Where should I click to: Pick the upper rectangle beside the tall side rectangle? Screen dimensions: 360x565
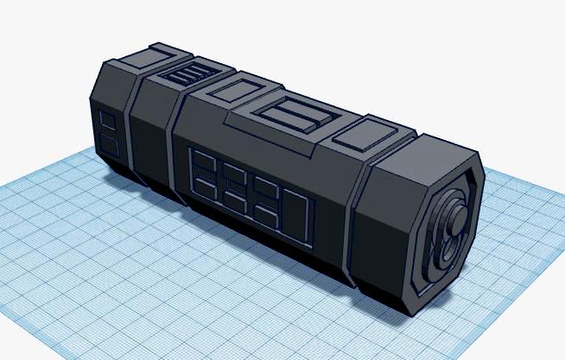coord(266,190)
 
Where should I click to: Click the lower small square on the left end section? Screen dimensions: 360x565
coord(108,144)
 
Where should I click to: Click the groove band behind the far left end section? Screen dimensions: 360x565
coord(127,129)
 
